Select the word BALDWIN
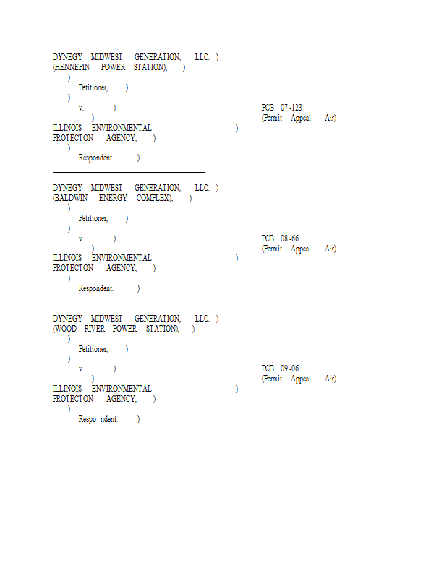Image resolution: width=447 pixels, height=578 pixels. coord(72,198)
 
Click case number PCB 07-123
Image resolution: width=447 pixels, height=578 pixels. coord(282,108)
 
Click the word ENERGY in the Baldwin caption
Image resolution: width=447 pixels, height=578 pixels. coord(113,198)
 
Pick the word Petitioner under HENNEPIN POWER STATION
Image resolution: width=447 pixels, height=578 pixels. coord(93,87)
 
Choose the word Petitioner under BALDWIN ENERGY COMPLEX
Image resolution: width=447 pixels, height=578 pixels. coord(93,218)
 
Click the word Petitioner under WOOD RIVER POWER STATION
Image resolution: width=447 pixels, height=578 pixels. coord(93,349)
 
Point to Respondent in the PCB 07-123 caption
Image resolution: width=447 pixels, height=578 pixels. coord(95,158)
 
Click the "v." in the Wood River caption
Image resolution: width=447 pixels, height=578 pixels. coord(81,369)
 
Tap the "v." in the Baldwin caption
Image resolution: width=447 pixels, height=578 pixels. coord(81,238)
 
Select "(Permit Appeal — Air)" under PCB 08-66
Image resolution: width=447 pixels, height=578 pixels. coord(299,249)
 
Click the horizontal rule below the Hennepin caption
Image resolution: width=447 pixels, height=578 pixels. coord(129,172)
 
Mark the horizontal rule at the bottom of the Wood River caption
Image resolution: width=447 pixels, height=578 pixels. coord(129,433)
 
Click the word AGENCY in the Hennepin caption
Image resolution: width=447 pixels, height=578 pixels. coord(121,138)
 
